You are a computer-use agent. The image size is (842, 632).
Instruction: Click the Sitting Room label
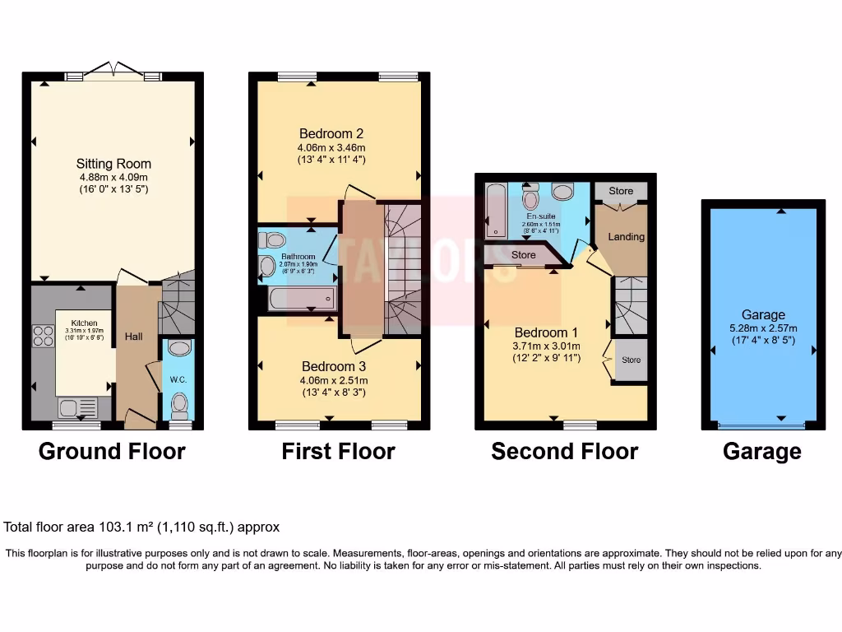click(x=113, y=164)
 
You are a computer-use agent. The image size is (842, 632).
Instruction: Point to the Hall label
click(x=133, y=336)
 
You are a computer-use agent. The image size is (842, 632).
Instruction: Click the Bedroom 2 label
click(x=331, y=133)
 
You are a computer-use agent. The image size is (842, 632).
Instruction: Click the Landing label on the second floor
click(x=626, y=237)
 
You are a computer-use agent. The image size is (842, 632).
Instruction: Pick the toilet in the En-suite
click(x=531, y=198)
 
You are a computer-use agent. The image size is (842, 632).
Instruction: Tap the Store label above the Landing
click(x=621, y=191)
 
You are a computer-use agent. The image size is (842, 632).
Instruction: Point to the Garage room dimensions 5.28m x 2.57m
click(x=763, y=328)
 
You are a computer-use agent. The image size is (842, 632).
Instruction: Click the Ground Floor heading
click(x=112, y=451)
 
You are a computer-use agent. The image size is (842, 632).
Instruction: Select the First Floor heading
click(x=338, y=451)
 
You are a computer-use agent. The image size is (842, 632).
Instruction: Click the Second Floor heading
click(x=564, y=451)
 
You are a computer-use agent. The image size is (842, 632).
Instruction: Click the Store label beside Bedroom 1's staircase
click(x=631, y=360)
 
